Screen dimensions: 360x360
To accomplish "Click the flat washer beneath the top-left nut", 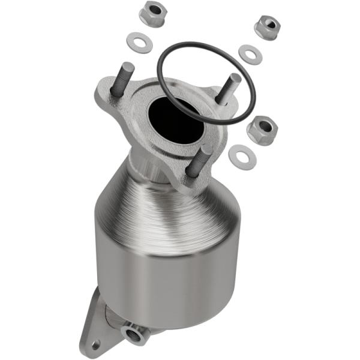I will coord(139,43).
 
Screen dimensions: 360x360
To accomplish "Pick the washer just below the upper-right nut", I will coord(250,54).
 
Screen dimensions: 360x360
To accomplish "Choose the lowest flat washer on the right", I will coord(242,157).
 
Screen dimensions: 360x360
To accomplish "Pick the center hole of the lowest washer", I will coord(242,157).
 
